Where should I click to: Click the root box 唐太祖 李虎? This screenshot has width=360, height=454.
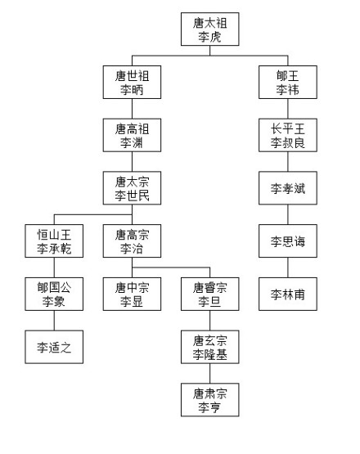click(x=210, y=29)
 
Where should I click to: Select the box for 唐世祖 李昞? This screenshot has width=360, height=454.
click(x=132, y=83)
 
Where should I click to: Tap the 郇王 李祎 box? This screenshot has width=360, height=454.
click(x=288, y=83)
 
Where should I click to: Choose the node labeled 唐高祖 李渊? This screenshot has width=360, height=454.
click(x=132, y=135)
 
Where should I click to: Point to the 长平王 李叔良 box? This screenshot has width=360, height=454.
click(x=288, y=135)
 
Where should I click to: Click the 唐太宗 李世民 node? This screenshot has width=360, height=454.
click(x=132, y=188)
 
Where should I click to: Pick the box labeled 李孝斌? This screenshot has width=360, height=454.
click(x=288, y=188)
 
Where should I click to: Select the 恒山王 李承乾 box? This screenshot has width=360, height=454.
click(x=54, y=240)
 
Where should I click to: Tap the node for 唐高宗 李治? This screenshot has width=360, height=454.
click(x=132, y=240)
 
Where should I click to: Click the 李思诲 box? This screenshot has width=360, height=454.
click(x=288, y=240)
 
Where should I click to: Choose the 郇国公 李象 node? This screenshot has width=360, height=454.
click(x=54, y=294)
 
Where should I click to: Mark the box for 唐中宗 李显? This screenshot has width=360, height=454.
click(x=132, y=294)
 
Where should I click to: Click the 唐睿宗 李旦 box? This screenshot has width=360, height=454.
click(x=210, y=294)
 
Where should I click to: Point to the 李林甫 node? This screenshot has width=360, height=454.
click(x=288, y=294)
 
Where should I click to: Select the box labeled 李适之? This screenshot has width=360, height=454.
click(x=54, y=347)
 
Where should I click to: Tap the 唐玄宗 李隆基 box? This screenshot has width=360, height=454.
click(x=210, y=347)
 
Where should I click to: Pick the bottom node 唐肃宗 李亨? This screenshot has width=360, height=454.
click(x=210, y=400)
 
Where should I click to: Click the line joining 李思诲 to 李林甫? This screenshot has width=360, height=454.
click(x=288, y=267)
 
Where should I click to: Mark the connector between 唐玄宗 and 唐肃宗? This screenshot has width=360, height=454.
click(x=210, y=374)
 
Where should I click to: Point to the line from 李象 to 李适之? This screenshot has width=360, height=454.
click(x=54, y=321)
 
